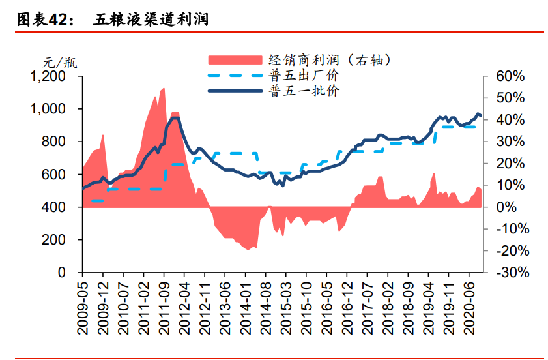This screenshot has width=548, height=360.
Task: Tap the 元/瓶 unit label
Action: pyautogui.click(x=60, y=63)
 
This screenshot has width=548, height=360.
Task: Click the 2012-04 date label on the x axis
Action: pyautogui.click(x=185, y=306)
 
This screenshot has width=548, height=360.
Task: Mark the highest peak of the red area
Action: pyautogui.click(x=164, y=88)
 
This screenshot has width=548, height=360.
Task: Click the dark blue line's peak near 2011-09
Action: pyautogui.click(x=175, y=118)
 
